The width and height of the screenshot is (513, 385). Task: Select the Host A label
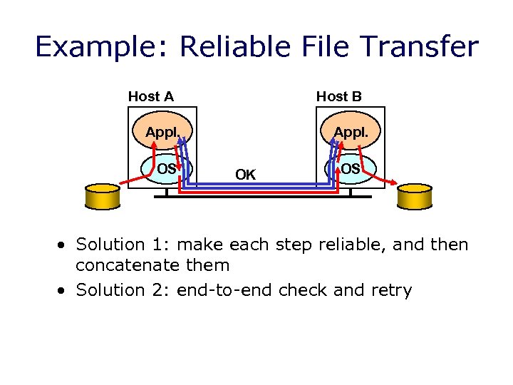[151, 96]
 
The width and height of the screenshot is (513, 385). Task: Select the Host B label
[339, 96]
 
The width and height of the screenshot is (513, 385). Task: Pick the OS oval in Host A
[166, 169]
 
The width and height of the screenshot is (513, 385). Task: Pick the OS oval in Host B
[350, 169]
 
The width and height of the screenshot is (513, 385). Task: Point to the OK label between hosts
[246, 175]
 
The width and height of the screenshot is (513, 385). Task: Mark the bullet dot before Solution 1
[63, 245]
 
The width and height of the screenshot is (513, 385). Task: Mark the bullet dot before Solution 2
[63, 290]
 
